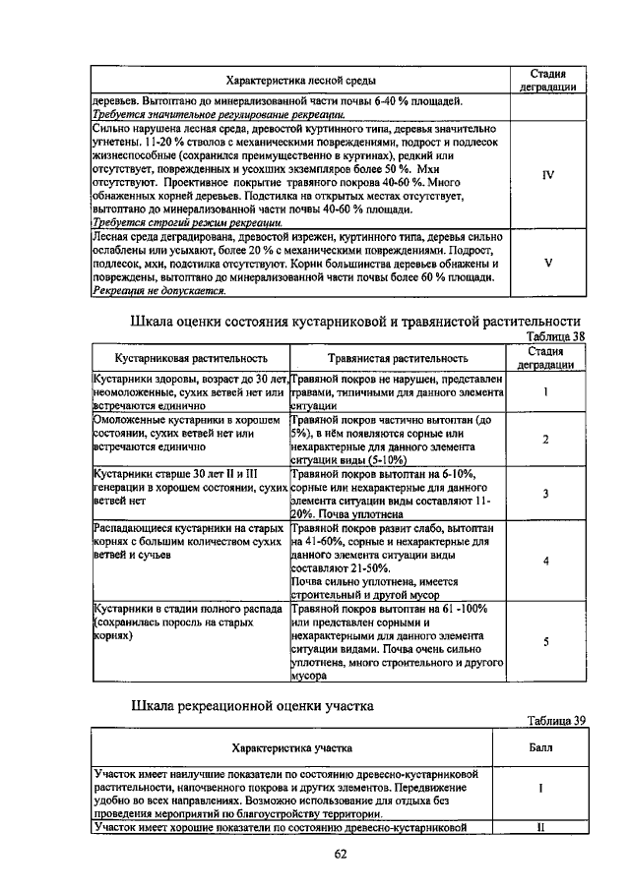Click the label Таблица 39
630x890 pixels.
point(556,720)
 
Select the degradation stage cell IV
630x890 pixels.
point(548,175)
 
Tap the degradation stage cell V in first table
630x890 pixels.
point(548,263)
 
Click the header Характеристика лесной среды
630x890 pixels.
point(300,80)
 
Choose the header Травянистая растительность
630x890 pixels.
point(398,358)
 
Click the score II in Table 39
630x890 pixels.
point(540,827)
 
